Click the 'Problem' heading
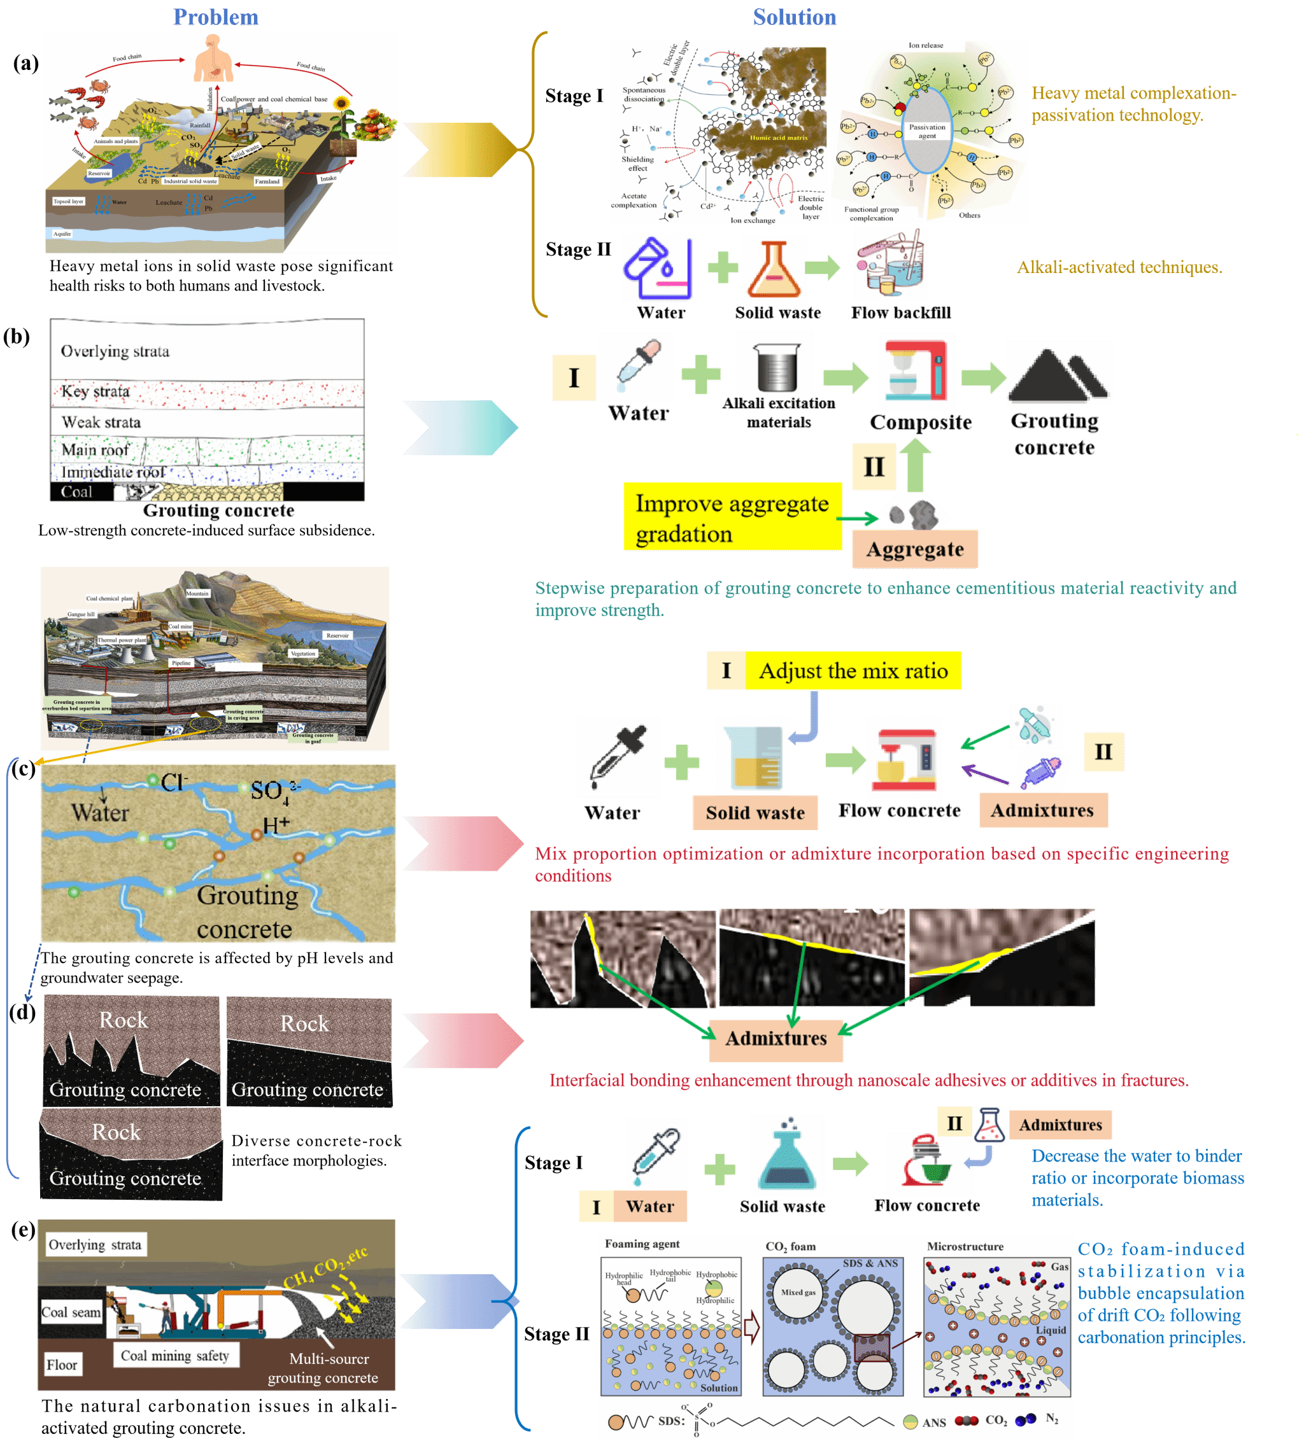click(x=215, y=17)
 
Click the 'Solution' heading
click(x=794, y=17)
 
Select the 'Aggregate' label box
click(x=914, y=549)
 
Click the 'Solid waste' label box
click(x=755, y=813)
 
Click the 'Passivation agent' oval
click(x=926, y=132)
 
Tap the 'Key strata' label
click(x=95, y=391)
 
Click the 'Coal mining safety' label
click(x=175, y=1355)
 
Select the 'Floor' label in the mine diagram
click(x=62, y=1365)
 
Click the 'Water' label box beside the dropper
click(x=649, y=1207)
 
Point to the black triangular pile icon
click(x=1058, y=374)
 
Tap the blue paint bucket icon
click(x=657, y=267)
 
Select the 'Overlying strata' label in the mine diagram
click(x=95, y=1244)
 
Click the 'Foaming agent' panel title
click(x=642, y=1244)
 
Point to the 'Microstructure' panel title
click(x=965, y=1246)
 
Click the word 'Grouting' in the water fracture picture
click(x=247, y=895)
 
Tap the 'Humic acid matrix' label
click(x=779, y=138)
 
